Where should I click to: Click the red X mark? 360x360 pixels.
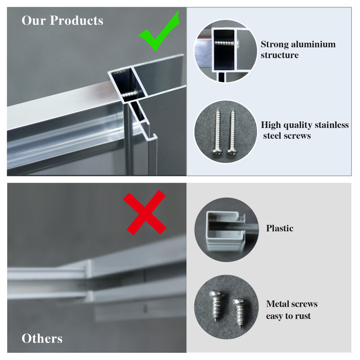(x=144, y=212)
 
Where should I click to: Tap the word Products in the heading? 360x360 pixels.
(x=76, y=20)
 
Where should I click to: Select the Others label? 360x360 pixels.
(x=42, y=338)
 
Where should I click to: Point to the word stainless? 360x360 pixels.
(x=332, y=125)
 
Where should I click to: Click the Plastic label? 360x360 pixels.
(x=279, y=228)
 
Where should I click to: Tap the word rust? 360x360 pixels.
(x=303, y=316)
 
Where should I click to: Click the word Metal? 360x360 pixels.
(x=277, y=304)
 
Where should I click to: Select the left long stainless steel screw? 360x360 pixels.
(x=217, y=131)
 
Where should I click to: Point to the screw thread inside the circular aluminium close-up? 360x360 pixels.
(x=225, y=43)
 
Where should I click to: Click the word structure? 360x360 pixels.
(x=279, y=55)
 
